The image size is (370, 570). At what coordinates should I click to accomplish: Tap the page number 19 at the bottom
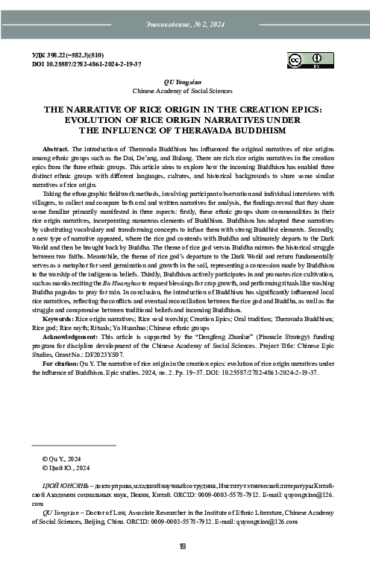click(184, 548)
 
